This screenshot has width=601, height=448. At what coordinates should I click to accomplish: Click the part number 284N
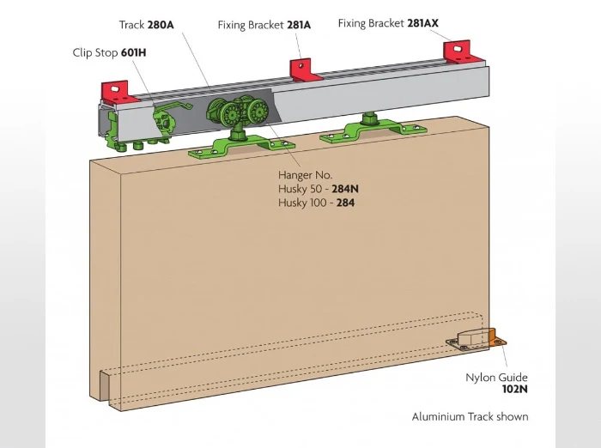(343, 189)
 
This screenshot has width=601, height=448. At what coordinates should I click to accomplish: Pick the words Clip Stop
(95, 52)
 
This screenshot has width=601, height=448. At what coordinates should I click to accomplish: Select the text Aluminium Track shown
(470, 417)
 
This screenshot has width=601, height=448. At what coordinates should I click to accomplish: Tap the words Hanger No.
(305, 175)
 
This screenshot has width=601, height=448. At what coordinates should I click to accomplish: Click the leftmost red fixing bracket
(115, 88)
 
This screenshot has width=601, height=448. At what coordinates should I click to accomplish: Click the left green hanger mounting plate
(230, 147)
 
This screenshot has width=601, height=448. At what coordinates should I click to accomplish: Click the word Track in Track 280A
(131, 25)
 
